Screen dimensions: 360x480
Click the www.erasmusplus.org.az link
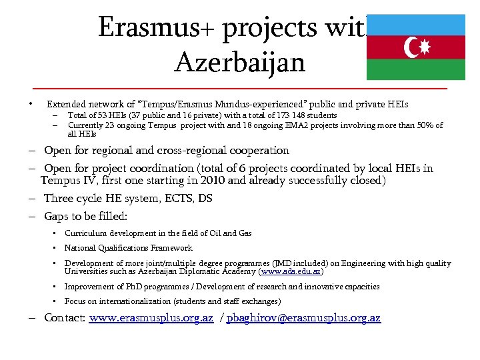tap(151, 318)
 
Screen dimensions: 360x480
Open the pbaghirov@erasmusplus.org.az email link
tap(303, 318)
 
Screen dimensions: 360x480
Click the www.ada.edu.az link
tap(291, 272)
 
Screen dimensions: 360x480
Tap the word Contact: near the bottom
tap(65, 318)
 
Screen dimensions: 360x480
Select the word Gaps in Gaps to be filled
tap(57, 216)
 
